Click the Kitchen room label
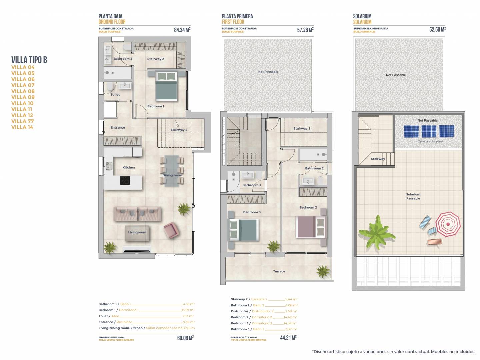tap(129, 167)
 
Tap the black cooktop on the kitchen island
tap(125, 181)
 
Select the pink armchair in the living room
tap(172, 230)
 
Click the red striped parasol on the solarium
tap(448, 224)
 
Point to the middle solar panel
tap(429, 131)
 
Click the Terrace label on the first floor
tap(279, 271)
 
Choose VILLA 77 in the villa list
tap(23, 121)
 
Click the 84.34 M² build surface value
tap(182, 30)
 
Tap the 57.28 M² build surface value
tap(305, 30)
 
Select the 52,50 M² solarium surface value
tap(437, 30)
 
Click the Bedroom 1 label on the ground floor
tap(155, 106)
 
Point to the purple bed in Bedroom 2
tap(311, 227)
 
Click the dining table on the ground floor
tap(172, 171)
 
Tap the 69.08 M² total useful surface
tap(185, 338)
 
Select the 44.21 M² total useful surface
tap(288, 337)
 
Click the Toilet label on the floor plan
tap(115, 94)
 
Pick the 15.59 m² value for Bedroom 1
tap(188, 310)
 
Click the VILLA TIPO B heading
tap(29, 60)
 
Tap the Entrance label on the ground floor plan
tap(118, 127)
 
